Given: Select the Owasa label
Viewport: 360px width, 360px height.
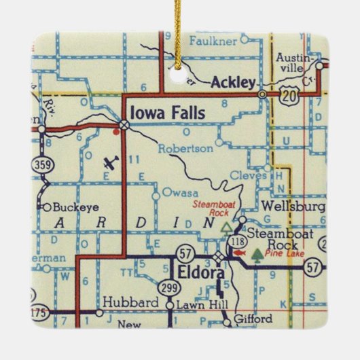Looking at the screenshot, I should pyautogui.click(x=175, y=193).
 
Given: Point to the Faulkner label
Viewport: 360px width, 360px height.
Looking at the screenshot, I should pyautogui.click(x=208, y=40).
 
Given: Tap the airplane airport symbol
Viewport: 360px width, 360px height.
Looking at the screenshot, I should pyautogui.click(x=111, y=163).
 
